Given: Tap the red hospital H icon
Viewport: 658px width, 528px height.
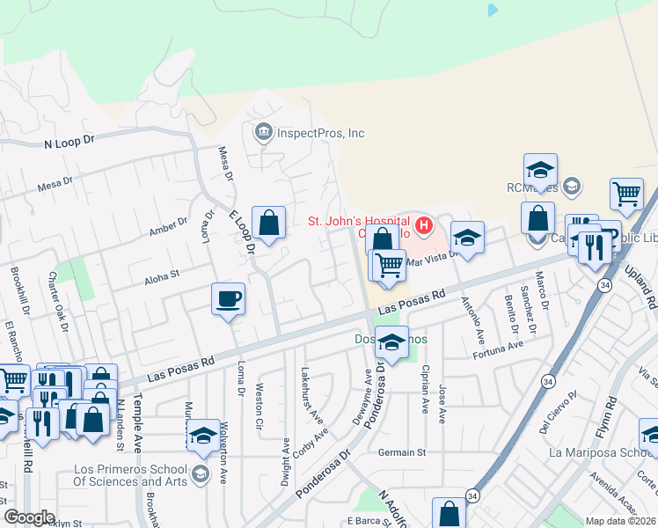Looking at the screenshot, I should tap(425, 226).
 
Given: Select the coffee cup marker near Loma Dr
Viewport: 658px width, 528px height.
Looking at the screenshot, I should tap(228, 299).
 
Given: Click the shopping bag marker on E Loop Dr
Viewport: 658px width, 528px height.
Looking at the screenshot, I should tap(269, 222).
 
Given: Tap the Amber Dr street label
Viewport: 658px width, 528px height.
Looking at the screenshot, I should tap(171, 226).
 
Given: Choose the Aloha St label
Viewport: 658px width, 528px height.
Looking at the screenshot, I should tap(162, 274).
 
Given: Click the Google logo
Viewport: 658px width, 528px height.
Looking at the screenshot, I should tap(29, 517).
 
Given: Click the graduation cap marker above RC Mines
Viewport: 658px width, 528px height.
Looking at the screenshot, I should tap(540, 168).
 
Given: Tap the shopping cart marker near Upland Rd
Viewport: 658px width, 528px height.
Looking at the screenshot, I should tap(625, 193).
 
